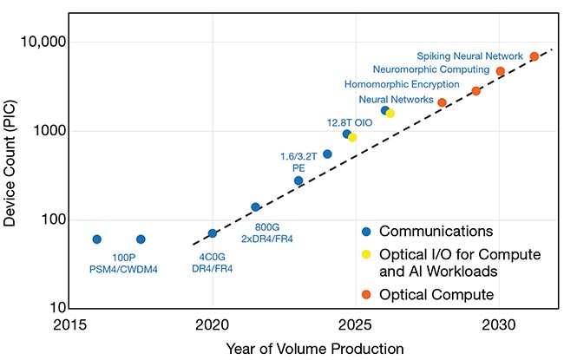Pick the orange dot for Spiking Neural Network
(534, 56)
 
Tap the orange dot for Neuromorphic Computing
(501, 71)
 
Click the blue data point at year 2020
(213, 233)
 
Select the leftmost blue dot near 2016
(96, 239)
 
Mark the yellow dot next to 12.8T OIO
(352, 137)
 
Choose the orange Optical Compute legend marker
(367, 295)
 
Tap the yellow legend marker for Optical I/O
(367, 254)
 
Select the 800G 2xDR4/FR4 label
(266, 232)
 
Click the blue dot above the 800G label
(256, 207)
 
